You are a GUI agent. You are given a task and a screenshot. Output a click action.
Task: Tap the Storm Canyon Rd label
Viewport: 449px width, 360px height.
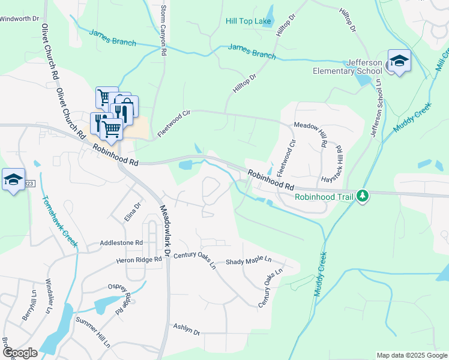pos(163,31)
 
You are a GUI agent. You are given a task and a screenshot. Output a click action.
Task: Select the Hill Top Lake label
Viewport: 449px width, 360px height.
pos(249,21)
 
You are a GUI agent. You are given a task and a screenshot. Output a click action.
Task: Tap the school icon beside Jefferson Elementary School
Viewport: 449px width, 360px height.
pos(399,60)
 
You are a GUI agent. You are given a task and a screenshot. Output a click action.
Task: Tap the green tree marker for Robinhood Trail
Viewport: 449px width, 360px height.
pos(362,196)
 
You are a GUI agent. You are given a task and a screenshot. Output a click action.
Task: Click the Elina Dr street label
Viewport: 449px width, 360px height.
pos(132,212)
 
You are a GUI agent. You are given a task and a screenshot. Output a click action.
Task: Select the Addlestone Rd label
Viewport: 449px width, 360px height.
pos(122,243)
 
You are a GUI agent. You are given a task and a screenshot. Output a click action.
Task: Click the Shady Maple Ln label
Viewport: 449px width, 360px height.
pos(249,262)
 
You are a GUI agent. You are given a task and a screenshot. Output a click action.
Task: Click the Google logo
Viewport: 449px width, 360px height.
pos(20,353)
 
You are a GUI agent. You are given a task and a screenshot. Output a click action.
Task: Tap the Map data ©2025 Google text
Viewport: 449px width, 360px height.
pos(411,355)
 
